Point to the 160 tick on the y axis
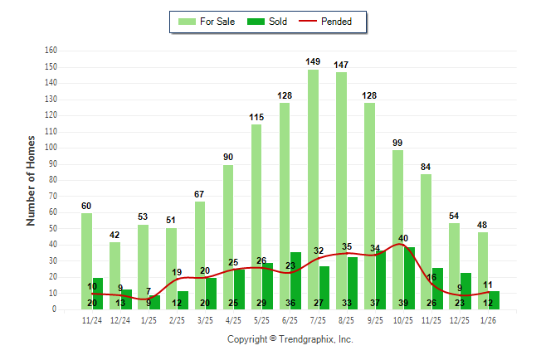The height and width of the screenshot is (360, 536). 51,51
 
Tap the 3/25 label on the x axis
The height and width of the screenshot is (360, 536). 205,319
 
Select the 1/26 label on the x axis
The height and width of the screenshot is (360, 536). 489,319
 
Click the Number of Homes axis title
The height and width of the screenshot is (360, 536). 32,179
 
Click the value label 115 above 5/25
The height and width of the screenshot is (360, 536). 256,117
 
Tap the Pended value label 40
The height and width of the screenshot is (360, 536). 403,238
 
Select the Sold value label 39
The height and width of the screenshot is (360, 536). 403,303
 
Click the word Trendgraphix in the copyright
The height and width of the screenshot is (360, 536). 305,339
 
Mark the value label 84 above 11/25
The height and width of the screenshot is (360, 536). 426,167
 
